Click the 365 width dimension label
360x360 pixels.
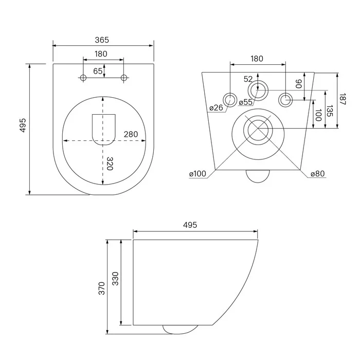coord(102,40)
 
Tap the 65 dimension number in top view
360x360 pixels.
coord(98,71)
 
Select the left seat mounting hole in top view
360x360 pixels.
coord(83,78)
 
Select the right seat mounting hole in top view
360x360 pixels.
coord(124,78)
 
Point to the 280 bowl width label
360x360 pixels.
coord(131,134)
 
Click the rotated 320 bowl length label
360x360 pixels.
coord(110,164)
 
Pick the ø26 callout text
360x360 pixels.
coord(216,107)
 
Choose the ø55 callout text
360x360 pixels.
coord(245,102)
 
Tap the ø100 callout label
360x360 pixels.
coord(197,174)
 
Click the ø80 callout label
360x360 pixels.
coord(317,174)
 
